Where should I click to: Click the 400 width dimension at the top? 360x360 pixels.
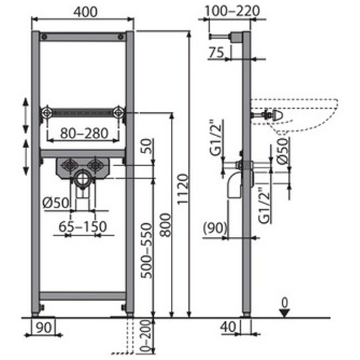[x=85, y=12]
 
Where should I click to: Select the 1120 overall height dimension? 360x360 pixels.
[x=183, y=189]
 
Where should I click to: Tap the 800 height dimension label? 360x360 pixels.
[x=166, y=225]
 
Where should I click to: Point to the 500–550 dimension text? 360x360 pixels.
[x=147, y=251]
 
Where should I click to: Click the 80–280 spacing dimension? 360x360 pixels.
[x=84, y=133]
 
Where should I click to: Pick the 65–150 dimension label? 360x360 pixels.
[x=82, y=226]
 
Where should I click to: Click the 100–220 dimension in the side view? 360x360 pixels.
[x=232, y=10]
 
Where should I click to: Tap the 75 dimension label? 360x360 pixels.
[x=216, y=52]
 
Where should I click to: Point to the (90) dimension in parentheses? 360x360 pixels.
[x=215, y=228]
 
